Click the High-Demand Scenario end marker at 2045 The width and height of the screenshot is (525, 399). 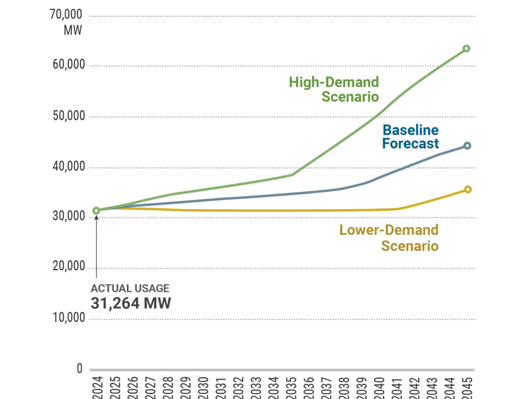pyautogui.click(x=466, y=49)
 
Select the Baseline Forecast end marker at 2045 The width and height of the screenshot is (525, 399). pyautogui.click(x=466, y=146)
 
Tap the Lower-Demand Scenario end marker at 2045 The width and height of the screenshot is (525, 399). pyautogui.click(x=467, y=189)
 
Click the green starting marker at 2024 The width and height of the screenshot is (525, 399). pyautogui.click(x=96, y=211)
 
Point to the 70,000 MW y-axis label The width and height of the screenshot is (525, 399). pyautogui.click(x=67, y=22)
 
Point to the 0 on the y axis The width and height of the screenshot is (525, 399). pyautogui.click(x=79, y=368)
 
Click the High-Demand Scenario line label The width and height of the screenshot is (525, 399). pyautogui.click(x=334, y=89)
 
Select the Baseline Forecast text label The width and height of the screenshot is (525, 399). pyautogui.click(x=410, y=137)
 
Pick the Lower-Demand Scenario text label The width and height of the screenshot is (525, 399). pyautogui.click(x=389, y=238)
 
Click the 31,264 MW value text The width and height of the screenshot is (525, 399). pyautogui.click(x=130, y=303)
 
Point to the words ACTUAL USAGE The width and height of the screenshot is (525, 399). pyautogui.click(x=130, y=289)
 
